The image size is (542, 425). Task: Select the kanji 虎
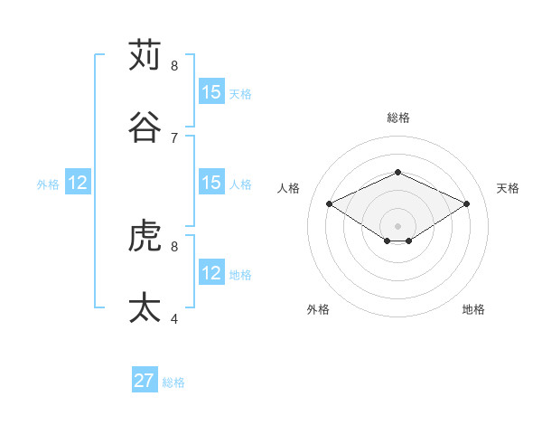(x=145, y=237)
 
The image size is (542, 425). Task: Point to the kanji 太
(x=145, y=307)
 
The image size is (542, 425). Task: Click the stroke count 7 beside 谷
(x=174, y=137)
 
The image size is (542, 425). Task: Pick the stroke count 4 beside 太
(x=174, y=318)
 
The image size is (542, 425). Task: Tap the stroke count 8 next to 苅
(x=174, y=66)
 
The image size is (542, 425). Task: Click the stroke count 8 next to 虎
(x=174, y=246)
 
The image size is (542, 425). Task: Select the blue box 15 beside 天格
(x=211, y=92)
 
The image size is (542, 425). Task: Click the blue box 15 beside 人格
(x=211, y=183)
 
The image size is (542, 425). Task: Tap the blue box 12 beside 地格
(x=211, y=273)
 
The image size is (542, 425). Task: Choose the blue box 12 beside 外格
(x=78, y=183)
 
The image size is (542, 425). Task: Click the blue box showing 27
(x=145, y=381)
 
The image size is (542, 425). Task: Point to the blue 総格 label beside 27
(x=173, y=382)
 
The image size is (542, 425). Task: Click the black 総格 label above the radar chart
(x=397, y=118)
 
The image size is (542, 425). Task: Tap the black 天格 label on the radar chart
(x=508, y=188)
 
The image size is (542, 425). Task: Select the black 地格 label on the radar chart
(x=473, y=309)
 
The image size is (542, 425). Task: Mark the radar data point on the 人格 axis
(x=329, y=203)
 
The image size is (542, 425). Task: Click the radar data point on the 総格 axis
(x=397, y=171)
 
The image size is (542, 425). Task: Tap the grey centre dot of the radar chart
(x=397, y=225)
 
